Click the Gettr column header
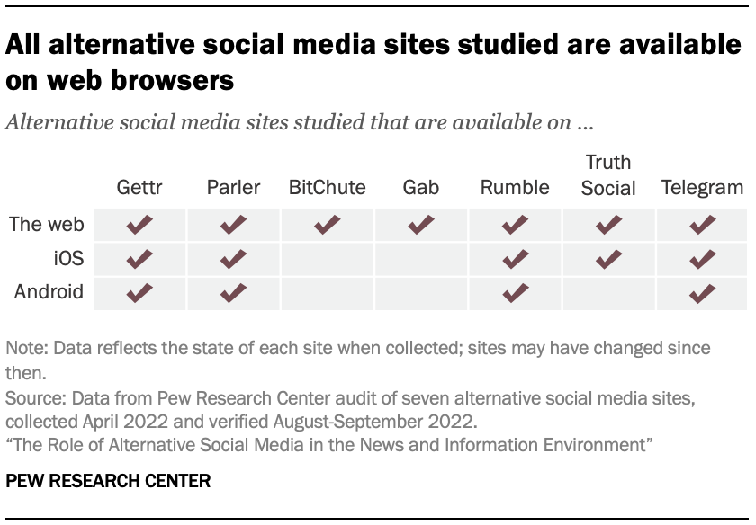(139, 188)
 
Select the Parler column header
(233, 188)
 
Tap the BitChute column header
(327, 188)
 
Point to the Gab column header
(421, 188)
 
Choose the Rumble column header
(515, 188)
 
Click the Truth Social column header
(608, 175)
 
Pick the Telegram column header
(702, 188)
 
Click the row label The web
(46, 225)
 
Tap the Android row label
(49, 292)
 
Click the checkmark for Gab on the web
(421, 225)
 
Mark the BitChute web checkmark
(327, 225)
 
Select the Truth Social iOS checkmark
(608, 259)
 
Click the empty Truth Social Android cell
(608, 293)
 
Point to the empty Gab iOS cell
(421, 259)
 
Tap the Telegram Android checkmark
(702, 293)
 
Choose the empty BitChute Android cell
(327, 293)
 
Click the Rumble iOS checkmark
(515, 259)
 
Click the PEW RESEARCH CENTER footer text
(108, 482)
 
